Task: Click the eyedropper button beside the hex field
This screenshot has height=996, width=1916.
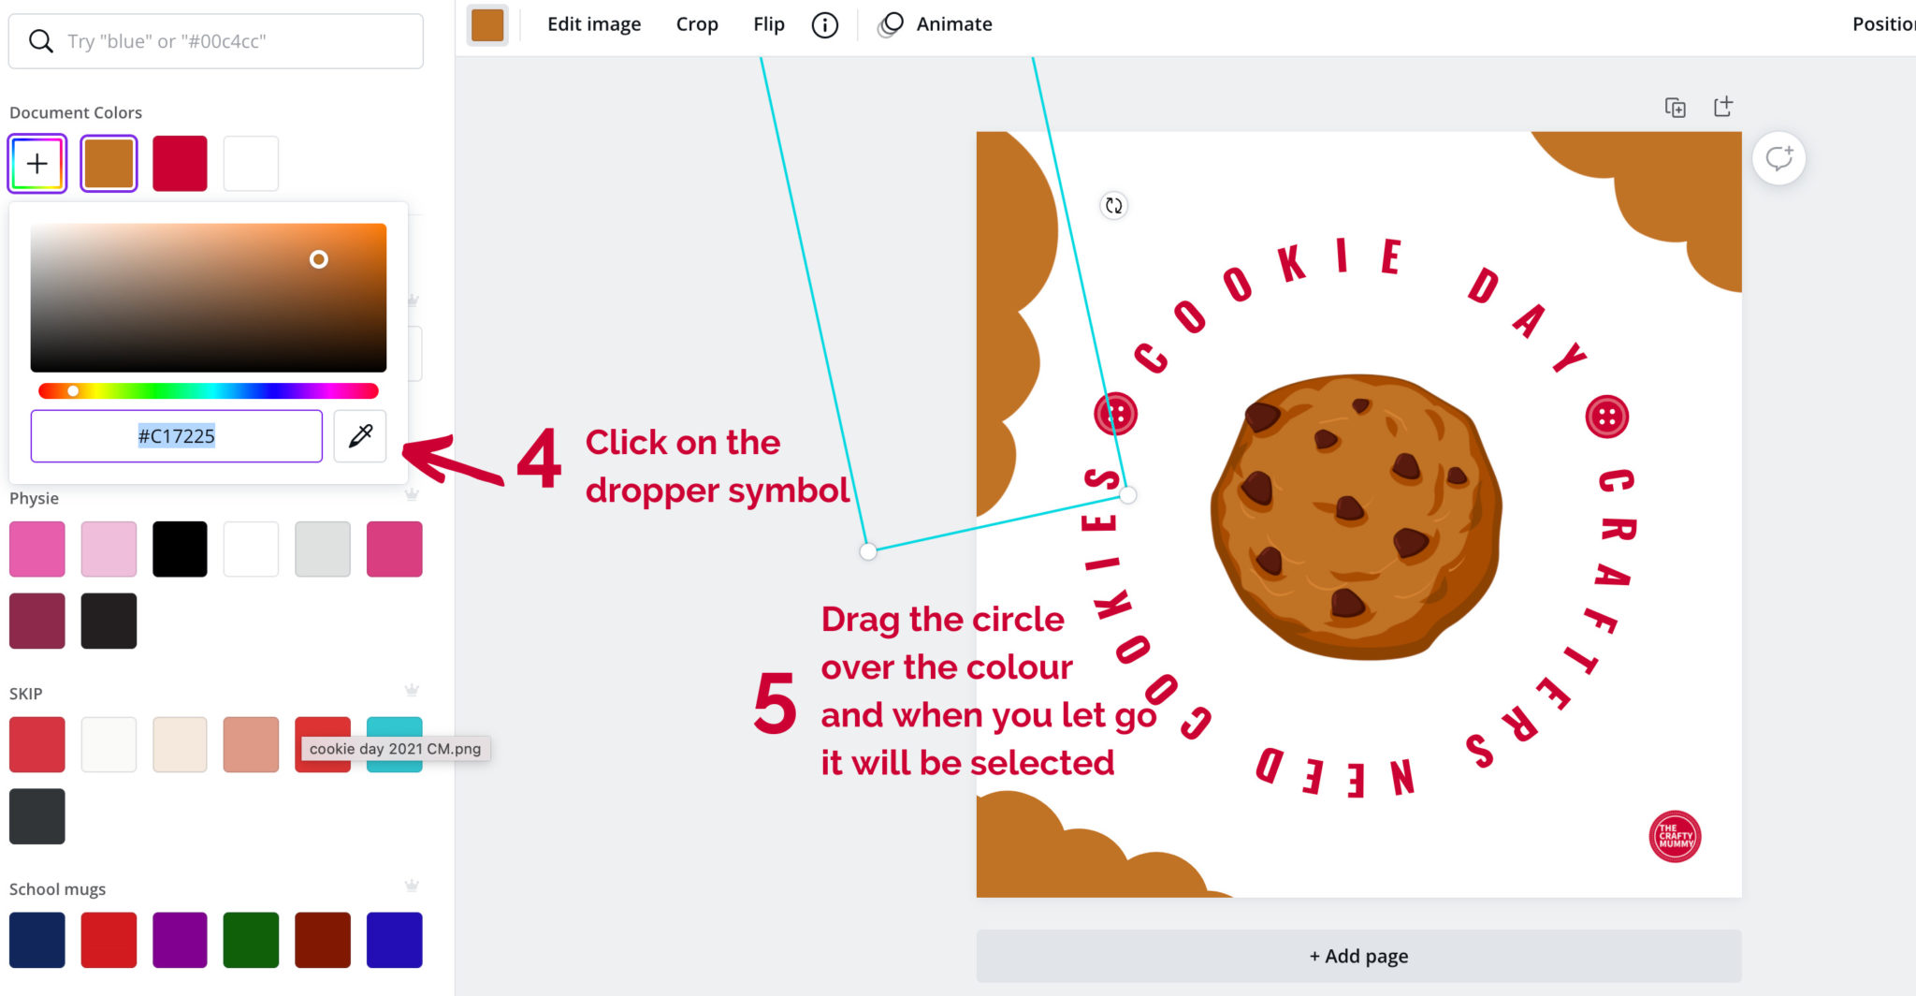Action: [360, 435]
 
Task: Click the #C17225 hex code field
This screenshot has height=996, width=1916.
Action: [176, 436]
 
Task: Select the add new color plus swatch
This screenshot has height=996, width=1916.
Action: [37, 164]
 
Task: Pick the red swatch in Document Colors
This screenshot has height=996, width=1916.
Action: [180, 164]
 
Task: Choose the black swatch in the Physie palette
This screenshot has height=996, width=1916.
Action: [180, 549]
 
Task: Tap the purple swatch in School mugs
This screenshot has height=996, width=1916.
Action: [180, 939]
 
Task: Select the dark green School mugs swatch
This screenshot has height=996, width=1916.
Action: [251, 939]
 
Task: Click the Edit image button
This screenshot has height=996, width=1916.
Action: [594, 24]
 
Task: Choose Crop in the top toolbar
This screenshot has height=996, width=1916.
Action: [697, 24]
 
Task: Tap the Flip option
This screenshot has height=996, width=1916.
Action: [769, 24]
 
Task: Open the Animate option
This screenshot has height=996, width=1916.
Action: [953, 24]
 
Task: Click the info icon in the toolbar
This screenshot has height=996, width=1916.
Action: [824, 25]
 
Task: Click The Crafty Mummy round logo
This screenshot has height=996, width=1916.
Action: [1675, 836]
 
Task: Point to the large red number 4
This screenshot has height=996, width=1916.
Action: [540, 459]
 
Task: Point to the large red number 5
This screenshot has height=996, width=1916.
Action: [776, 703]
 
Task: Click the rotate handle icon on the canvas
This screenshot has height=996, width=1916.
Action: [1113, 205]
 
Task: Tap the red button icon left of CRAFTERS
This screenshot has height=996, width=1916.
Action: [1607, 417]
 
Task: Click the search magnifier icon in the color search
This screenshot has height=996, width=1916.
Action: [40, 41]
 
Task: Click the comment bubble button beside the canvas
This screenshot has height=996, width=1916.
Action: [1778, 158]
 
